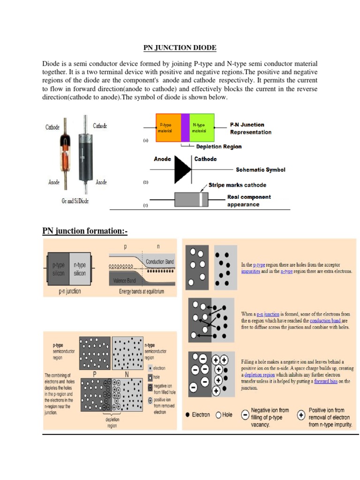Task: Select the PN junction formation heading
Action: tap(85, 231)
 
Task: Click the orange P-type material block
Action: tap(168, 127)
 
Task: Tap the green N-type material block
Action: tap(202, 127)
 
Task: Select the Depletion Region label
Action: tap(219, 147)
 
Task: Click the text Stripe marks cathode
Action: tap(237, 185)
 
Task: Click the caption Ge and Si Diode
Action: tap(75, 201)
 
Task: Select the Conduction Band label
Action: tap(160, 262)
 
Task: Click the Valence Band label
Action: tap(125, 280)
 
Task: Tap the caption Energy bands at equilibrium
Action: tap(142, 292)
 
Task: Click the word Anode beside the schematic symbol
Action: tap(163, 159)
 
